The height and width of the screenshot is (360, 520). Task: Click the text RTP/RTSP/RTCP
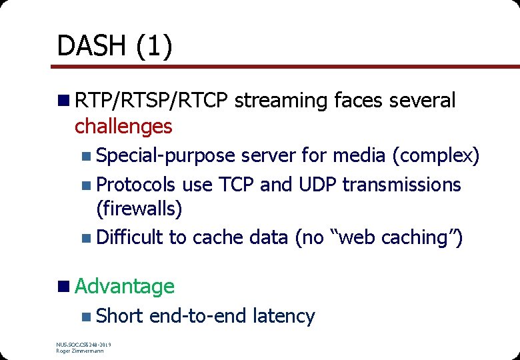point(151,101)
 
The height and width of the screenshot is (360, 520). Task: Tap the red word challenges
point(123,125)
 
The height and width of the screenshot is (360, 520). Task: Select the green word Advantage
point(125,286)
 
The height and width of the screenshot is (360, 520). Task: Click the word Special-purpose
point(165,155)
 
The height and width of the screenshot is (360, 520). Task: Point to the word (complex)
point(436,155)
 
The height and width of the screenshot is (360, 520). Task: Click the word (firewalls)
point(139,209)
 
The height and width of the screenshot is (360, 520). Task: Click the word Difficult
point(129,237)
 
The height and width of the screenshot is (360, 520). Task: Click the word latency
point(283,315)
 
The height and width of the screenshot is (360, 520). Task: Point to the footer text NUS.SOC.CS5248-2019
point(83,345)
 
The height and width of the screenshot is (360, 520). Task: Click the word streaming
point(281,101)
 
